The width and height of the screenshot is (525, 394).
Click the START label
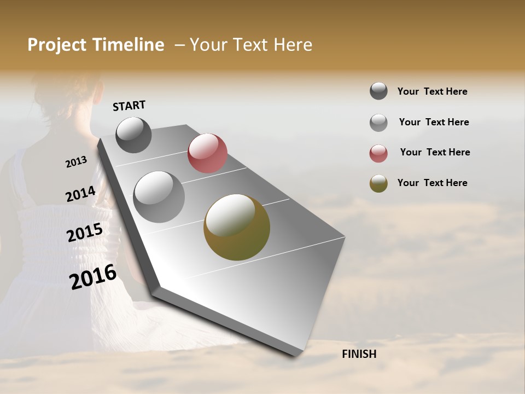pos(129,106)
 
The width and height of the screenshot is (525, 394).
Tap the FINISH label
pos(359,354)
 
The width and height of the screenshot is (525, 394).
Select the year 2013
pos(76,162)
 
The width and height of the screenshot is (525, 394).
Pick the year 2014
pos(80,194)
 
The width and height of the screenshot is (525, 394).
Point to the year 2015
pos(85,233)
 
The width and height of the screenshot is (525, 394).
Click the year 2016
pos(93,277)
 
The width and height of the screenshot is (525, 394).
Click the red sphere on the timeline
pos(207,153)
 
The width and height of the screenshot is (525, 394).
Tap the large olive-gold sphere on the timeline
pos(237,227)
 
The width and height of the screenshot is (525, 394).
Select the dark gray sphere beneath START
pos(134,135)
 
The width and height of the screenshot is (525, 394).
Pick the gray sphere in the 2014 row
pos(159,197)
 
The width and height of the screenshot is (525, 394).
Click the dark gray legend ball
pos(378,91)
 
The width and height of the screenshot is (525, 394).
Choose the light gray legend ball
pos(378,123)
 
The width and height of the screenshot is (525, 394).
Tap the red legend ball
pos(378,153)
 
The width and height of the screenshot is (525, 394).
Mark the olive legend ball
pos(378,183)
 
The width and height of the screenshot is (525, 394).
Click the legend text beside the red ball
pos(435,152)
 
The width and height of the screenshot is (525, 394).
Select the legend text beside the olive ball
pos(432,183)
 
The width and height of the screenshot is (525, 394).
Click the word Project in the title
pos(57,45)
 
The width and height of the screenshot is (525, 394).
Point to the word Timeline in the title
pos(129,45)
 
